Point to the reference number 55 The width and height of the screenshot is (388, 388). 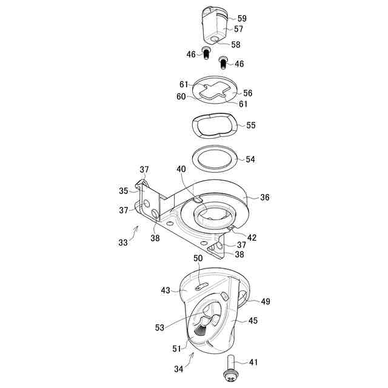(251, 125)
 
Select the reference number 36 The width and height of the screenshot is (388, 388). (264, 197)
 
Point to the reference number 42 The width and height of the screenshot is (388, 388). (252, 238)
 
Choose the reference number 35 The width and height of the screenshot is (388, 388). (124, 191)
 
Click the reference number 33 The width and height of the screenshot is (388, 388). (124, 242)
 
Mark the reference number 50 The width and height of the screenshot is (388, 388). (198, 259)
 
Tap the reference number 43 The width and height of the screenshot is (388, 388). (166, 290)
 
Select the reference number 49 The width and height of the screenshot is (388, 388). (265, 301)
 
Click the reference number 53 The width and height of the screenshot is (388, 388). (159, 328)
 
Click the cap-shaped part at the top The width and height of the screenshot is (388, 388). (212, 24)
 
